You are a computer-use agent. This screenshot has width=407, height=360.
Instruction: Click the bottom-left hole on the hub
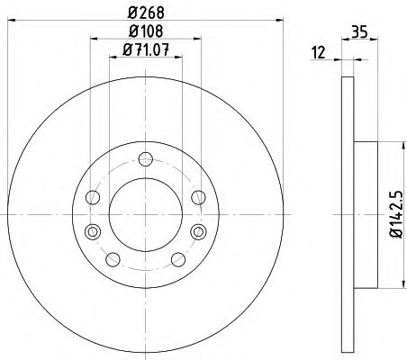(113, 260)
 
